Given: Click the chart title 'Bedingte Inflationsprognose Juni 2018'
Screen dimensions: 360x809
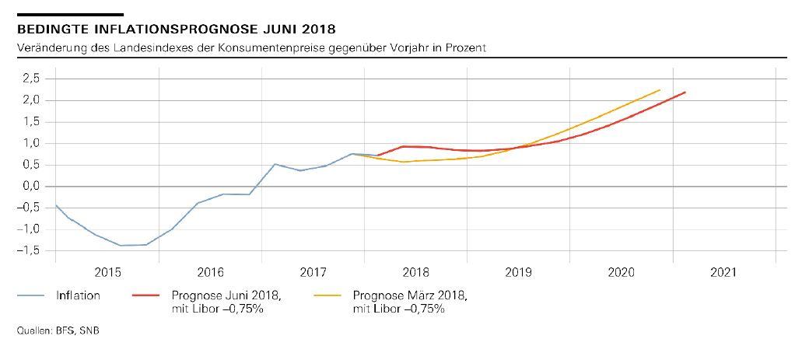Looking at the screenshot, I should [176, 30].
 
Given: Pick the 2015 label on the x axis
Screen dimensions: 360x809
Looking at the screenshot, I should [107, 273].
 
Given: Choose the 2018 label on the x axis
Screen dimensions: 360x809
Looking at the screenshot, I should [416, 273].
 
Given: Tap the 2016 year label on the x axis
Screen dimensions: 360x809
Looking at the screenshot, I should [210, 273].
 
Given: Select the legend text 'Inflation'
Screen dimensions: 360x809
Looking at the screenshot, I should [78, 295].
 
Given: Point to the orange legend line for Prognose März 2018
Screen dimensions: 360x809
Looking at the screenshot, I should [328, 295].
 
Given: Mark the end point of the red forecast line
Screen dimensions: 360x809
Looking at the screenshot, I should [685, 93].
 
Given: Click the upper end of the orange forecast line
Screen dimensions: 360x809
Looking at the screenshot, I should [660, 89].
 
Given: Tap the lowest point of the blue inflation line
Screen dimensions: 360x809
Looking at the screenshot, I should [121, 246].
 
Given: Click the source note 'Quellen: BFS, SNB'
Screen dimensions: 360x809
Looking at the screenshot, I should [58, 330].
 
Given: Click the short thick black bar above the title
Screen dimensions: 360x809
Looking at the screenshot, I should [70, 14].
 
